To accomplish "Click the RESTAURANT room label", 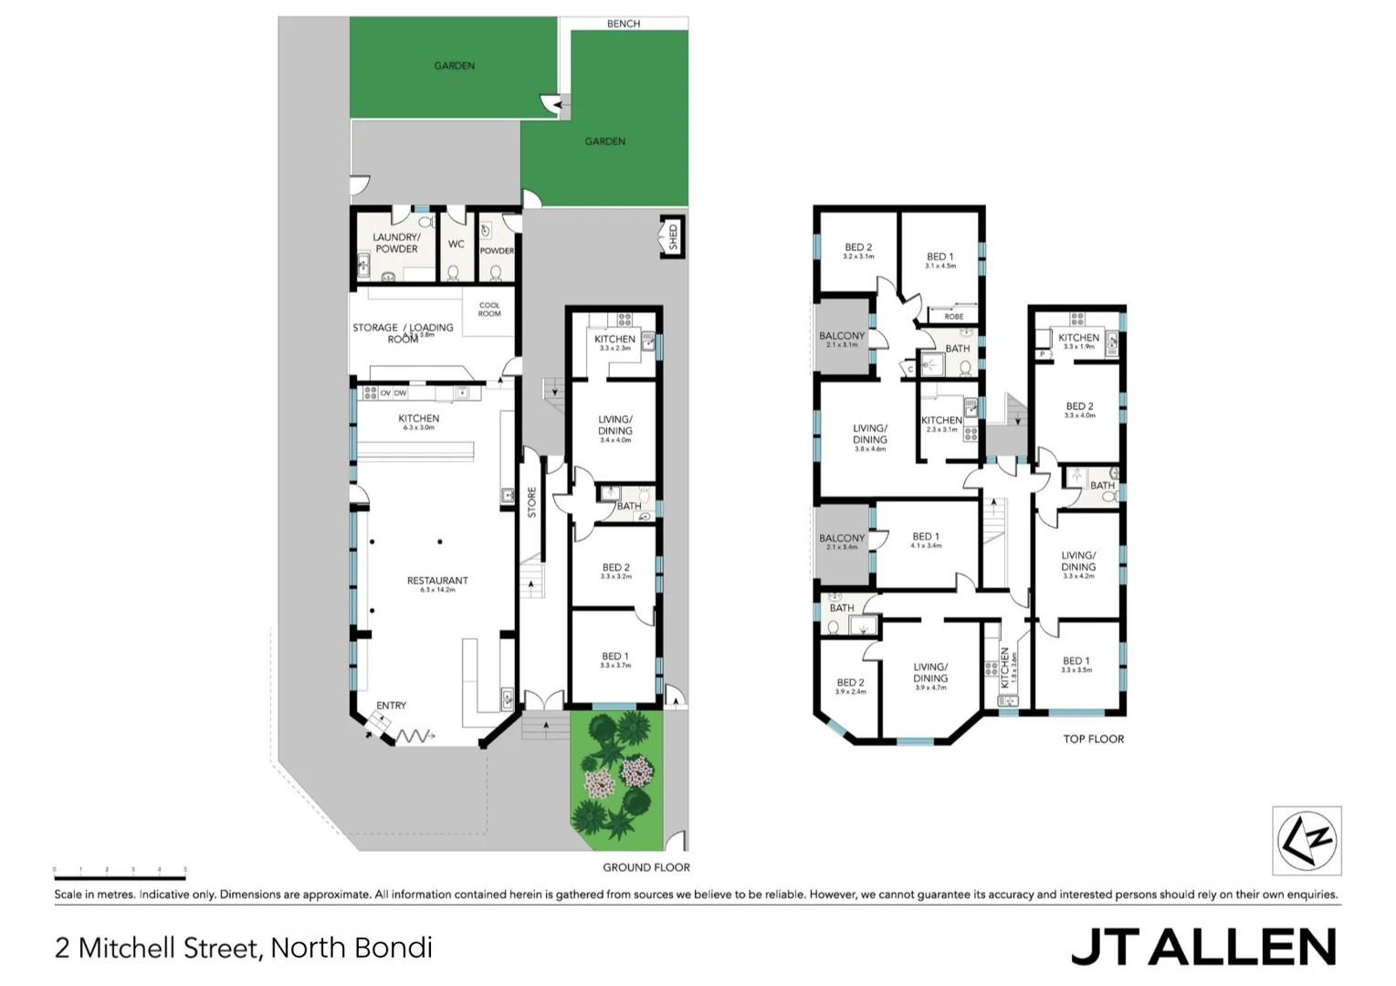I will point(437,581).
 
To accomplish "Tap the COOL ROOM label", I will point(489,309).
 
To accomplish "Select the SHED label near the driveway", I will point(674,236).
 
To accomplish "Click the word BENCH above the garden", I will point(624,24).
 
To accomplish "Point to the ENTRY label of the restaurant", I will point(391,706).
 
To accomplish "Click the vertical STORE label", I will point(532,502).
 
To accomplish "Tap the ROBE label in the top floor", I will point(954,317).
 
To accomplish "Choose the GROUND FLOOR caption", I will point(646,867).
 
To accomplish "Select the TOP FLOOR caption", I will point(1093,739).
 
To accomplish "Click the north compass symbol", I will point(1307,840).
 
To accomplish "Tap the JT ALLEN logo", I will point(1202,947).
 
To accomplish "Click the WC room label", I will point(457,244).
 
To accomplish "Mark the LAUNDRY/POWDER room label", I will point(396,243).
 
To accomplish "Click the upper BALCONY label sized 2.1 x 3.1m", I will point(842,336).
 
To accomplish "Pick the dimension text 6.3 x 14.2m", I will point(437,591).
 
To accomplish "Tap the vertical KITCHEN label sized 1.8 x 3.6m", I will point(1005,668).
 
